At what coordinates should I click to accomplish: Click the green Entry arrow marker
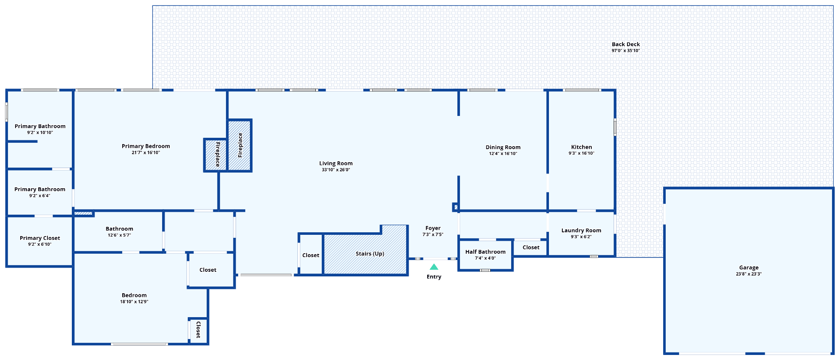[434, 267]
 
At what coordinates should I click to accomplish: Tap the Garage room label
[748, 268]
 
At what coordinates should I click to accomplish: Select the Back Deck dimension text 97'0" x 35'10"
[625, 51]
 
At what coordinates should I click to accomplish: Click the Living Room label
[336, 163]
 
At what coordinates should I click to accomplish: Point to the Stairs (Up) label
[370, 254]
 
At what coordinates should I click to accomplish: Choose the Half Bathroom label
[485, 252]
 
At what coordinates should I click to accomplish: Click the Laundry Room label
[581, 231]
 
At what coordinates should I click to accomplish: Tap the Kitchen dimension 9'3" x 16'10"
[581, 153]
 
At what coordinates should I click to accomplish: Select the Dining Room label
[503, 147]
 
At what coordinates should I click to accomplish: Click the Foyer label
[433, 228]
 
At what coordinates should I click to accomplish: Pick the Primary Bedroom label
[146, 146]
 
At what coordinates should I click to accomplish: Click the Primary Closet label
[40, 238]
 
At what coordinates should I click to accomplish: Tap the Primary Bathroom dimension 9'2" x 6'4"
[39, 196]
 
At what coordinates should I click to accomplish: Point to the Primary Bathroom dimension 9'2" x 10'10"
[40, 133]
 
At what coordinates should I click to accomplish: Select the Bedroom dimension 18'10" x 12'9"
[134, 302]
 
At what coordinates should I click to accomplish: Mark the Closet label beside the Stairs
[310, 255]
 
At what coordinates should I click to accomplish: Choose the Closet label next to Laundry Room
[531, 247]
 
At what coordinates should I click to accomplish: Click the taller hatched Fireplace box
[240, 145]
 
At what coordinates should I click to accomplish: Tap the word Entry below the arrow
[434, 277]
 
